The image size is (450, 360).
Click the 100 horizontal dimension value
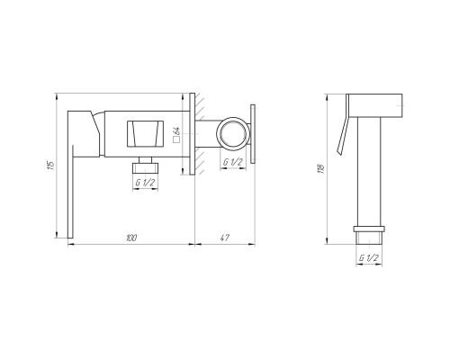click(131, 238)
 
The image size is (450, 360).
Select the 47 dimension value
click(225, 238)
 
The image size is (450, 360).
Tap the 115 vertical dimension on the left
click(51, 166)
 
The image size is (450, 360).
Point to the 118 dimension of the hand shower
click(321, 169)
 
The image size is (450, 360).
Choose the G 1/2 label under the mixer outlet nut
click(145, 183)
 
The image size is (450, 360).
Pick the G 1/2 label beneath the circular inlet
click(233, 162)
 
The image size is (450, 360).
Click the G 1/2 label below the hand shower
click(369, 257)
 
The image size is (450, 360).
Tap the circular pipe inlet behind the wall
click(233, 133)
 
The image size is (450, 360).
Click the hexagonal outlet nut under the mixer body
click(145, 166)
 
